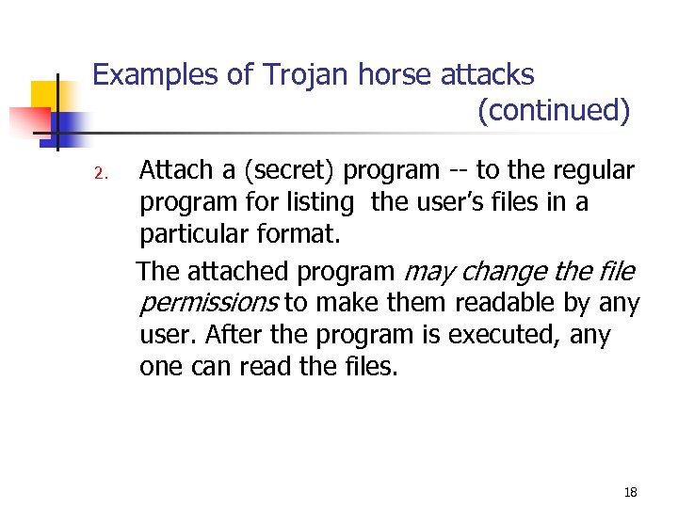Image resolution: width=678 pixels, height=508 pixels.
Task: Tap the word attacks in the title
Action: click(487, 74)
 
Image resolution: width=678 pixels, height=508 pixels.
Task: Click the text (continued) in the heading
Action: click(553, 111)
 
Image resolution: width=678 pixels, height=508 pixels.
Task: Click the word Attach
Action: click(173, 170)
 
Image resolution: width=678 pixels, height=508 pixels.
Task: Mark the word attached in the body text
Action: click(237, 272)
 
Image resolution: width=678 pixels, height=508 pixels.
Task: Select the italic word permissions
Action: click(208, 303)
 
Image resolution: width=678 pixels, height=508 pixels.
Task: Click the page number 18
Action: click(630, 492)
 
